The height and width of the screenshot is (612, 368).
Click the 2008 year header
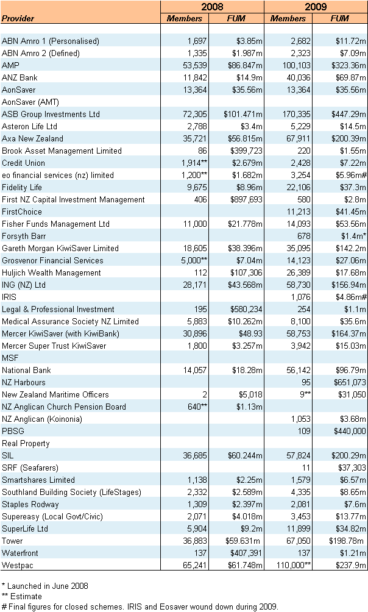(x=212, y=7)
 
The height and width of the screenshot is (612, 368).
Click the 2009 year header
(x=316, y=7)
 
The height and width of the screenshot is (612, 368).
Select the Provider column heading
(x=18, y=18)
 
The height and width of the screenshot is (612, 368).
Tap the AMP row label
(x=10, y=65)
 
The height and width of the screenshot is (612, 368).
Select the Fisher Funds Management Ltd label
(x=55, y=224)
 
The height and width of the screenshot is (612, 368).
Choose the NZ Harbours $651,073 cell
(x=349, y=382)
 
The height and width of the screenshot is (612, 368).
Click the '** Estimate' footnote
(x=22, y=596)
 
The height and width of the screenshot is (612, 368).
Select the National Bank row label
(x=26, y=370)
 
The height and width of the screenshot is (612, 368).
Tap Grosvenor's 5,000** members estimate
(x=191, y=260)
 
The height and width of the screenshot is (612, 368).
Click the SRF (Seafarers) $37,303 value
(x=351, y=468)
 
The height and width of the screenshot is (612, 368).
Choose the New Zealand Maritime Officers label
(x=55, y=394)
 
